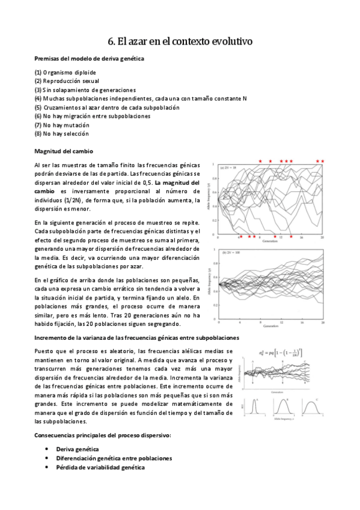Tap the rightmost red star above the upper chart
pyautogui.click(x=323, y=161)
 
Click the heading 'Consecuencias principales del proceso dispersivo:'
pyautogui.click(x=103, y=434)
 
